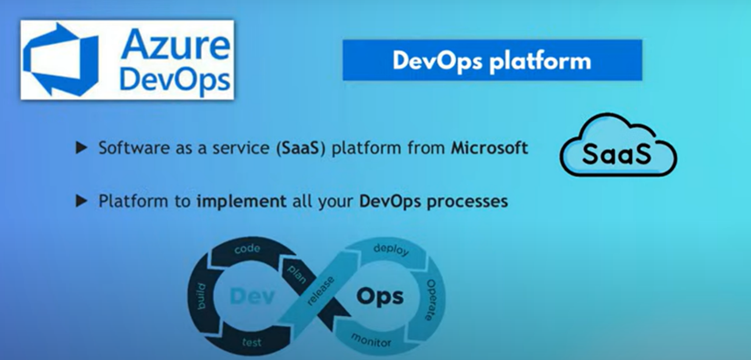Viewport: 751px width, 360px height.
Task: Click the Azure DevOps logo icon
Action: coord(62,60)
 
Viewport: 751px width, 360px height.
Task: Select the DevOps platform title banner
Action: coord(492,61)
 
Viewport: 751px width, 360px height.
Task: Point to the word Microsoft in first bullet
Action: coord(489,147)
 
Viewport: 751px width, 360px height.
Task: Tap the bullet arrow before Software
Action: coord(81,147)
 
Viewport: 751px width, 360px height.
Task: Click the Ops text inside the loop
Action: coord(375,297)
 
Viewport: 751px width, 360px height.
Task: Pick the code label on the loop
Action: coord(248,249)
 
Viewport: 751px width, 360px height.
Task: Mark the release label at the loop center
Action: coord(320,292)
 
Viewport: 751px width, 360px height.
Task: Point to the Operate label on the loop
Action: coord(430,300)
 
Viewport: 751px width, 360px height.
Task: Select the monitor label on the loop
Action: coord(372,340)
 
